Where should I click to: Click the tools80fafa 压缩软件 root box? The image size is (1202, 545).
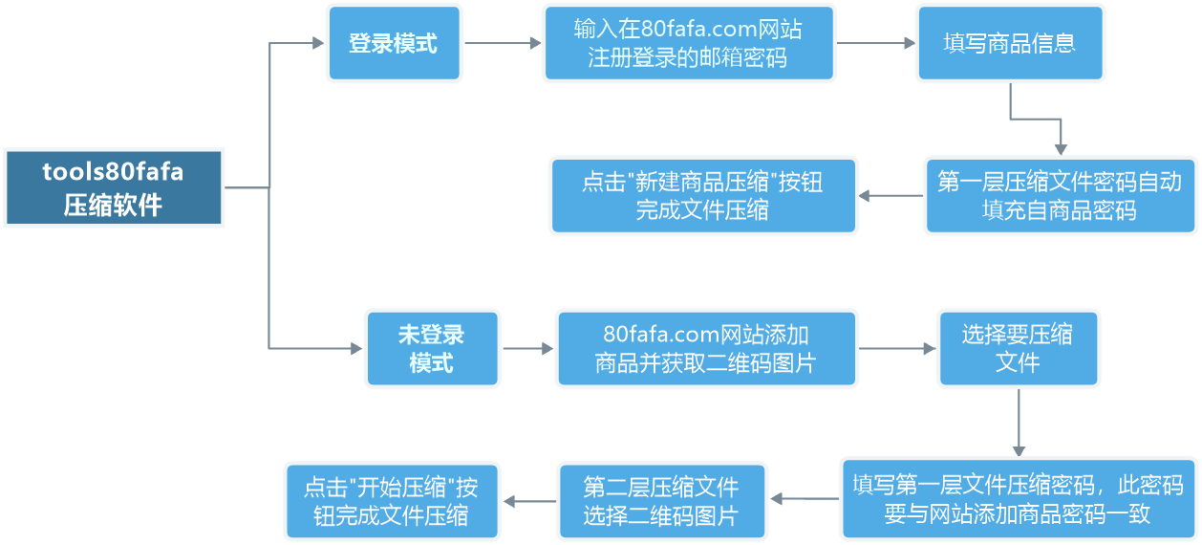point(114,187)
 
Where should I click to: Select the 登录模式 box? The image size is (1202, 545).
point(394,43)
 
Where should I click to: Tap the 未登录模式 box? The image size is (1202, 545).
point(432,348)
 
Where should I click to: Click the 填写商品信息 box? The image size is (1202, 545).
point(1009,43)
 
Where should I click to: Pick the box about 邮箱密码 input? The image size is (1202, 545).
point(688,43)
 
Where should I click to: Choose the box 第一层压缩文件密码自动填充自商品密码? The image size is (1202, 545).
point(1059,195)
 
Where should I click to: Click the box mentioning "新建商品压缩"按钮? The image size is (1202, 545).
point(702,195)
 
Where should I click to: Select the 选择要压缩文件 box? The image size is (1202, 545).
point(1018,348)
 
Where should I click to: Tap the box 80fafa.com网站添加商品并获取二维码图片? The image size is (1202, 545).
point(706,348)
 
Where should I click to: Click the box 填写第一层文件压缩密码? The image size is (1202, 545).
point(1018,499)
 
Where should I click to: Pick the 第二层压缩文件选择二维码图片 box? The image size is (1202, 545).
point(661,501)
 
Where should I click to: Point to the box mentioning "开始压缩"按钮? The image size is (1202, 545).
point(392,501)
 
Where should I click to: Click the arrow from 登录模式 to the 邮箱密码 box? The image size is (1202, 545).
point(503,43)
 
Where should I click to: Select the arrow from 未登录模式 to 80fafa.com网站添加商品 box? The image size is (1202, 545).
point(527,348)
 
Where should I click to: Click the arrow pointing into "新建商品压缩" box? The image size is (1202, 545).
point(891,197)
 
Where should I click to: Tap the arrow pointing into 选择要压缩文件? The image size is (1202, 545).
point(897,349)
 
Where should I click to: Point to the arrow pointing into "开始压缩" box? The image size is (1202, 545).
point(529,501)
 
